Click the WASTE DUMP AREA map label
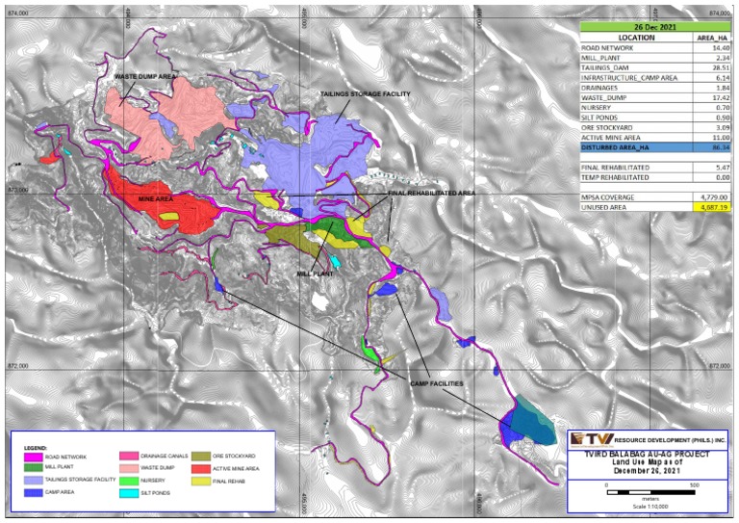(143, 75)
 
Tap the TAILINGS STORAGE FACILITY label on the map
(365, 94)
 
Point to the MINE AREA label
(155, 198)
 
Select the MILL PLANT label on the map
(315, 274)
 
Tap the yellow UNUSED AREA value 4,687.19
(713, 206)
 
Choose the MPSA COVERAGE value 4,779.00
(713, 196)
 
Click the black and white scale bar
(650, 491)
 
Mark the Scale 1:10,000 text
(650, 507)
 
